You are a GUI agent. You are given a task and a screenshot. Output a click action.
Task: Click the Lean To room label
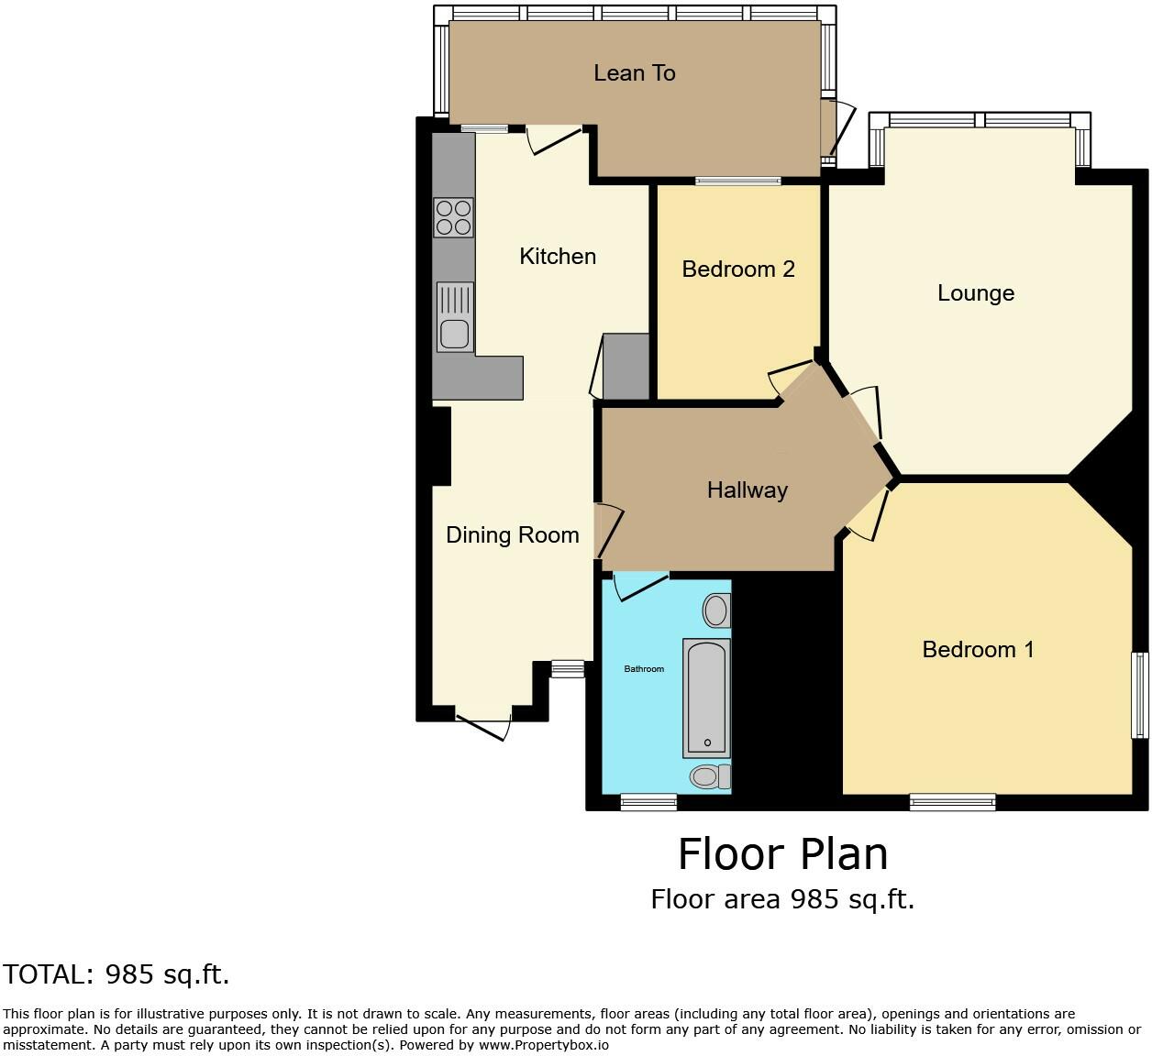click(634, 73)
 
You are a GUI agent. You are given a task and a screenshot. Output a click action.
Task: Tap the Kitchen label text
click(558, 257)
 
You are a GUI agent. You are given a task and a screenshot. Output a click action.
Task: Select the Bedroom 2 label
click(737, 269)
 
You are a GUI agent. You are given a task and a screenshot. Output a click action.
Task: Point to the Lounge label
click(975, 293)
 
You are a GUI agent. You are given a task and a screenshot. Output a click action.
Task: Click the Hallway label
click(747, 490)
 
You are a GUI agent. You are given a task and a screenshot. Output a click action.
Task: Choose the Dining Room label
click(512, 535)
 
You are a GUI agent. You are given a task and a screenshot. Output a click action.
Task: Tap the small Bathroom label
click(644, 669)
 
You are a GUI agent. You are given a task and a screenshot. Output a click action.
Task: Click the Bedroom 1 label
click(978, 650)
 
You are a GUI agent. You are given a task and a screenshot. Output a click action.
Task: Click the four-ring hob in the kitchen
click(453, 218)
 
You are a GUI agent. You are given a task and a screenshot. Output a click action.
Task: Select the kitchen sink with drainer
click(455, 317)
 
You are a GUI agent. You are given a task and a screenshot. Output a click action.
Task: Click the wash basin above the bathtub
click(716, 610)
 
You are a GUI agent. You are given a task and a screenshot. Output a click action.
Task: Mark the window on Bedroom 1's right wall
click(1139, 695)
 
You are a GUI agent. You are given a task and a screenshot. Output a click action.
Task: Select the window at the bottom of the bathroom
click(648, 802)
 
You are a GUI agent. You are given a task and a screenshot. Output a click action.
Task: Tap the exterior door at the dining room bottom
click(483, 725)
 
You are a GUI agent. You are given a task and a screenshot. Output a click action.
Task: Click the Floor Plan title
click(782, 854)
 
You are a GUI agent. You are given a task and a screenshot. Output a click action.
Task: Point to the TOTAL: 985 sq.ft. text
click(116, 974)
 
